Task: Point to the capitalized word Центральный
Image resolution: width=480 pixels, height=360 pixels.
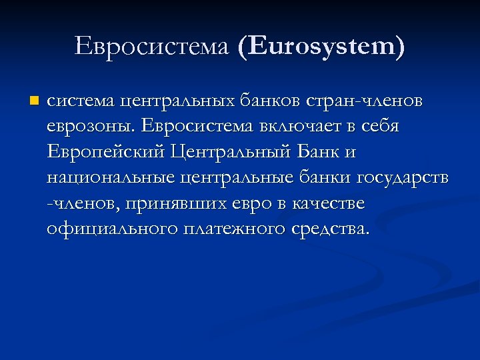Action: [x=229, y=153]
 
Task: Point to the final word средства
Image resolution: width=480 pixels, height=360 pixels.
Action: [x=331, y=229]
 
